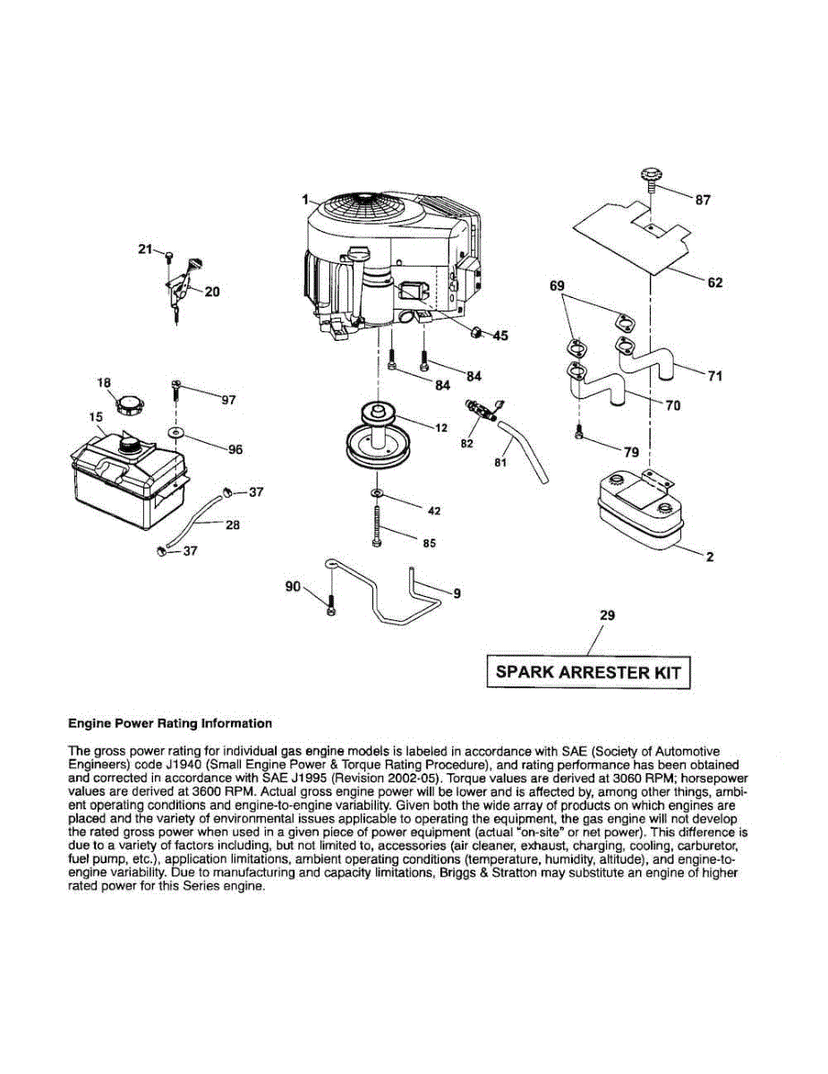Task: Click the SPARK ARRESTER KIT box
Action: pos(588,672)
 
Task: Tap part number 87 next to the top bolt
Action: pos(703,200)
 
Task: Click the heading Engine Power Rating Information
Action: pos(170,723)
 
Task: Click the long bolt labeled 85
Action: pos(376,528)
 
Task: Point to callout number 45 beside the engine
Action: pos(499,336)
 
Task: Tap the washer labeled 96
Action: pos(176,433)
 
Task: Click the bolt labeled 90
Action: pos(331,606)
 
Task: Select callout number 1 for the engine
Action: pos(304,199)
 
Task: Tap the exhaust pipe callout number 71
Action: pos(714,376)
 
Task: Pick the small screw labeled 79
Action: pos(580,435)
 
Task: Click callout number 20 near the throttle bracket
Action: pos(212,291)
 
